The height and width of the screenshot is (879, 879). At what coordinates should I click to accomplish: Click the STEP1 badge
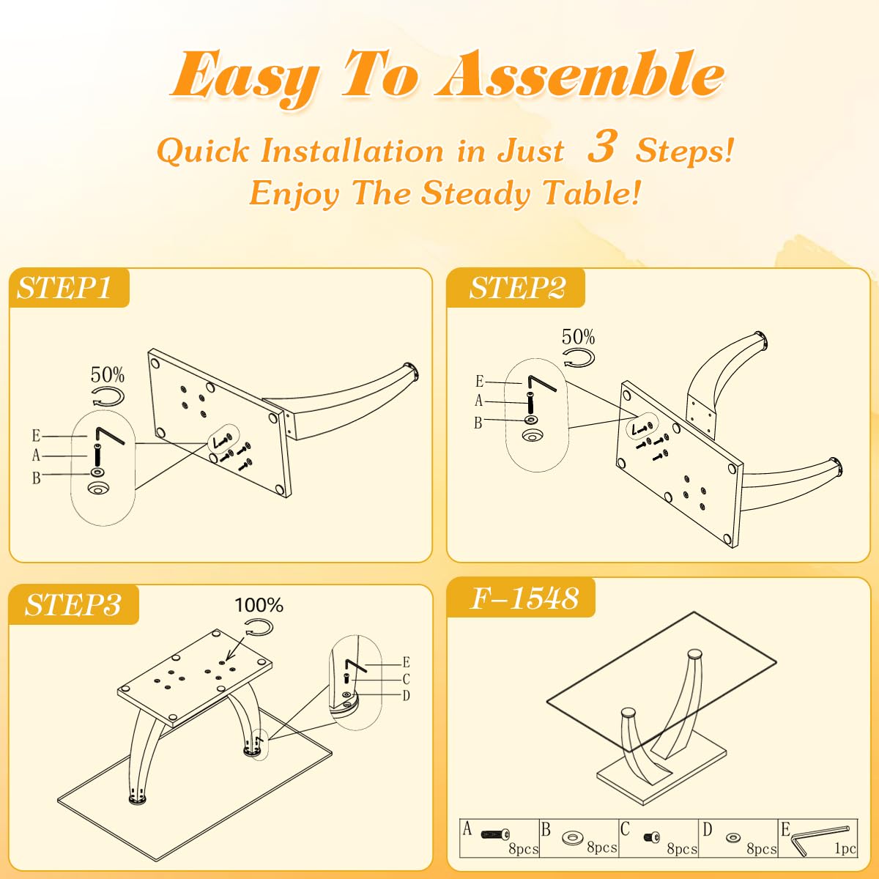(68, 287)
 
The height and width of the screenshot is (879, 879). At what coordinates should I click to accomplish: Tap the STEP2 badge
(516, 288)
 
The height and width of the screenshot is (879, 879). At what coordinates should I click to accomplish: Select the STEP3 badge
(73, 605)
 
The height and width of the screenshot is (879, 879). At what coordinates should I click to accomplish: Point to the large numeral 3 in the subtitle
(602, 146)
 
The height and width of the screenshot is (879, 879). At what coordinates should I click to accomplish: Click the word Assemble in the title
(579, 75)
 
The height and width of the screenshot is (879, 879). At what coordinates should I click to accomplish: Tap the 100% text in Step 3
(259, 605)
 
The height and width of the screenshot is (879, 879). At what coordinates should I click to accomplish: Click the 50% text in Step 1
(107, 375)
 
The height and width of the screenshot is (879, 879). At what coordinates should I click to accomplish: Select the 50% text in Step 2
(578, 337)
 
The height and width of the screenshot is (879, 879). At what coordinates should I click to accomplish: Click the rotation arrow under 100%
(259, 627)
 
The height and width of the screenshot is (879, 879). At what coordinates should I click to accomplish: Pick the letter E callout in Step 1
(37, 436)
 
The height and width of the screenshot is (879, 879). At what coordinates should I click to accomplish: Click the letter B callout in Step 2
(478, 423)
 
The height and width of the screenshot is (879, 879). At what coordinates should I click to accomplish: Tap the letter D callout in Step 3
(406, 695)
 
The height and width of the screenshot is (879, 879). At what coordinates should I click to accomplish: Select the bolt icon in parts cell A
(495, 835)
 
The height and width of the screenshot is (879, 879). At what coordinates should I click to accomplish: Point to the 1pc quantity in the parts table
(845, 848)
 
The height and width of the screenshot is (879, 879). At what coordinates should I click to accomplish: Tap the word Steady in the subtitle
(475, 193)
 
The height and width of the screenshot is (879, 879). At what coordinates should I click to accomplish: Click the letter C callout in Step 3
(406, 679)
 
